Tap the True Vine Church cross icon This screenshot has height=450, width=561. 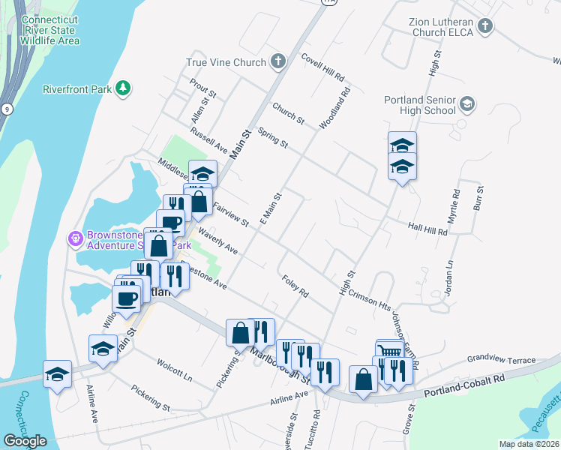coord(278,62)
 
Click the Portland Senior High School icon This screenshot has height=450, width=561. coord(467,104)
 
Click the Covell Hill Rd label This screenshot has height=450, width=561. coord(322,67)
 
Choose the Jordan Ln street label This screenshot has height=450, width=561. coord(450,277)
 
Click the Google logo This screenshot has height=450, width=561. coord(25,441)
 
